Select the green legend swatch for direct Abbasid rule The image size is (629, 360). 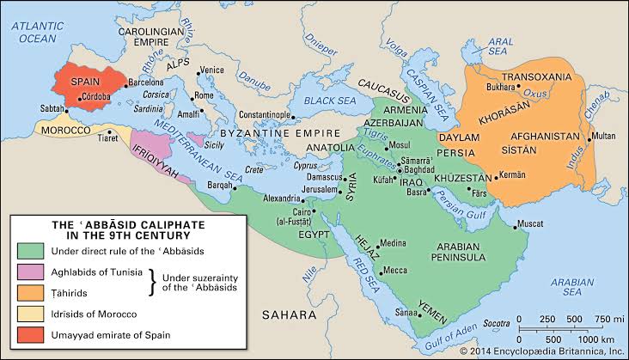[x=30, y=250]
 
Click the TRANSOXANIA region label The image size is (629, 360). [x=535, y=76]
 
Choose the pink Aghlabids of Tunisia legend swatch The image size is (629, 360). [x=30, y=271]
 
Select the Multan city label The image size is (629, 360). [x=604, y=137]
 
